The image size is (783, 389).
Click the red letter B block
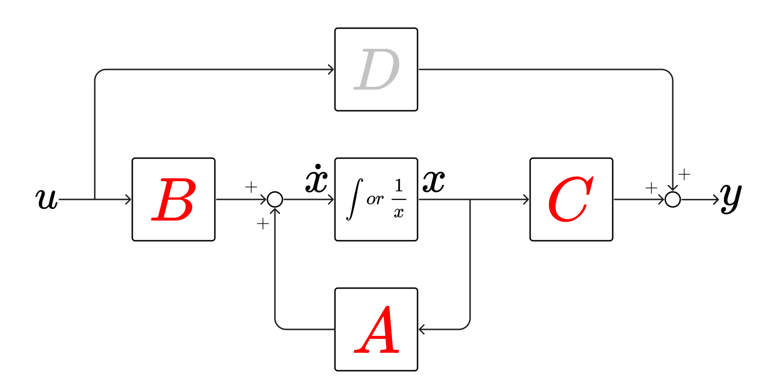[x=174, y=199]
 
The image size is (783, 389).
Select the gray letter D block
[x=376, y=69]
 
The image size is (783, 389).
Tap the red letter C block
[x=571, y=199]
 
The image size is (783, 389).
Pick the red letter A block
[x=376, y=329]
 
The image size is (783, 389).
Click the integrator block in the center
[x=376, y=199]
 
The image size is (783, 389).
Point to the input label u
[x=46, y=198]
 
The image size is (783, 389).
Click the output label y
[x=731, y=197]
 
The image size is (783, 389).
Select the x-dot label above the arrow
[x=317, y=179]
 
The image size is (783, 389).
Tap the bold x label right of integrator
[x=433, y=181]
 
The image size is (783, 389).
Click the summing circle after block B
[x=275, y=199]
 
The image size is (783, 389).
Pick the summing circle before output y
[x=673, y=199]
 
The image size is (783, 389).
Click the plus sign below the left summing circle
[x=263, y=224]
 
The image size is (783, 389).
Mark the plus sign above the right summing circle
[x=684, y=175]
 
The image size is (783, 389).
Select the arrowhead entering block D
[x=331, y=69]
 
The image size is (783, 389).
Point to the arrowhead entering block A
[x=421, y=329]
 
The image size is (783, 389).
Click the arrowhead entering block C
[x=526, y=199]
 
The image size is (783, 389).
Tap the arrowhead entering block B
[x=129, y=199]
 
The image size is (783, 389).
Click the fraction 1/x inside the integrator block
[x=399, y=199]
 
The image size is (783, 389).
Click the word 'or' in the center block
[x=375, y=200]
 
